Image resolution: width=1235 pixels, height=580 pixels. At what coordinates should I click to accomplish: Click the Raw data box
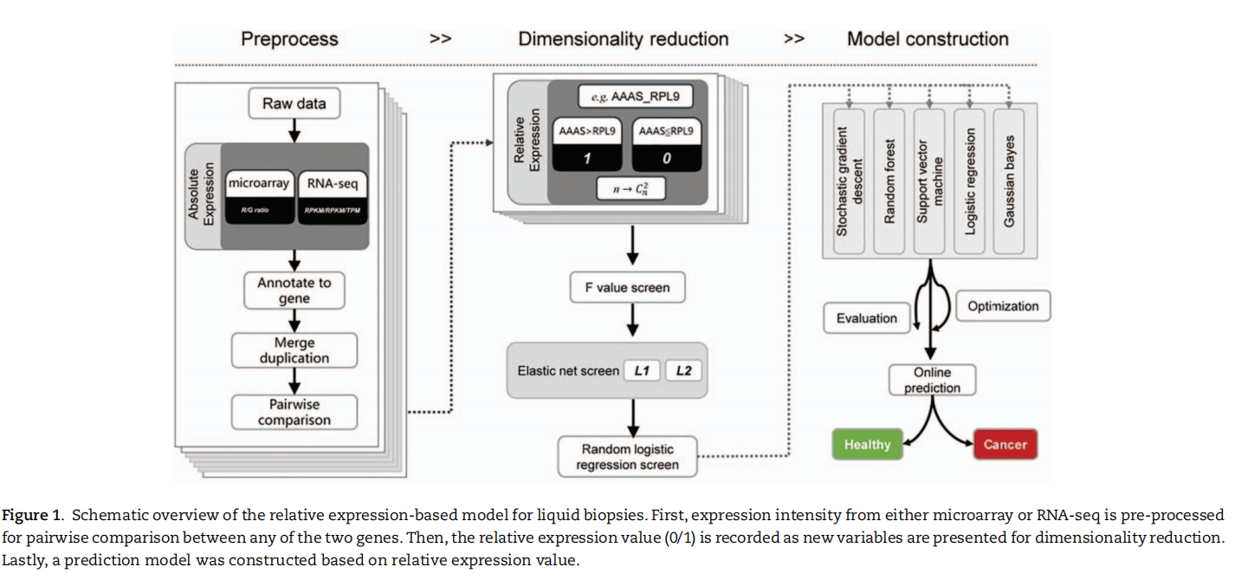pos(294,104)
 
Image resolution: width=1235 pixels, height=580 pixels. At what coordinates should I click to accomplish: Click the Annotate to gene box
pos(294,290)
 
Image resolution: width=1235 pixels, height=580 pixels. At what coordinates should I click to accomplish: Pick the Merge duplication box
pos(294,350)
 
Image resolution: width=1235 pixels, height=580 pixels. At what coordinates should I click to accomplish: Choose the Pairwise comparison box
pos(294,412)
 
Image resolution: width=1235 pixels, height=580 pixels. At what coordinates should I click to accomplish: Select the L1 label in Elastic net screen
pos(642,370)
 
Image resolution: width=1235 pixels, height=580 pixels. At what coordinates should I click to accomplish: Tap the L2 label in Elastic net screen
pos(684,370)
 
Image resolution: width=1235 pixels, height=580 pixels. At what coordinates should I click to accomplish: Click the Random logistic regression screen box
pos(627,457)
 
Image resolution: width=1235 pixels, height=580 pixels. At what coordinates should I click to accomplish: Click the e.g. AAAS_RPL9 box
pos(636,96)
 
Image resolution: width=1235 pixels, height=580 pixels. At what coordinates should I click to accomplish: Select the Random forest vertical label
pos(889,181)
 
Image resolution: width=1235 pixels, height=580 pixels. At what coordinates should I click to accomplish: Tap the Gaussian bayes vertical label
pos(1010,181)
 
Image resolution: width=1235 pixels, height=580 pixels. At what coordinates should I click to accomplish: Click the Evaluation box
pos(867,318)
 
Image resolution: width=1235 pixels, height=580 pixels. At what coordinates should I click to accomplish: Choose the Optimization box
pos(1003,306)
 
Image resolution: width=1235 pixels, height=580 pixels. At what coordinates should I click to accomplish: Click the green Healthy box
pos(867,444)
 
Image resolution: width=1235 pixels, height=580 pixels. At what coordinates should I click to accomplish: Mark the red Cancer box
pos(1005,444)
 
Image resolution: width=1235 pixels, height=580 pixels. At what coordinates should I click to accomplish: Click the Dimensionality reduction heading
pos(623,39)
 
